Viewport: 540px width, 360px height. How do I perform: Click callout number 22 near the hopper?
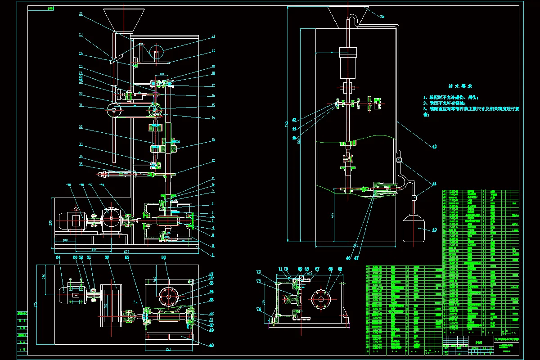[81, 14]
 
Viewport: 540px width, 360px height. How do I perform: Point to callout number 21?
[213, 36]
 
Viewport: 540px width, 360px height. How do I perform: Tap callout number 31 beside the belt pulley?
[81, 106]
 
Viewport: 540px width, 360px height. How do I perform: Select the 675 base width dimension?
[126, 251]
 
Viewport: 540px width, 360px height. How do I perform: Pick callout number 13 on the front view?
[213, 140]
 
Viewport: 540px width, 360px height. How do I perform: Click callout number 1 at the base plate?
[213, 254]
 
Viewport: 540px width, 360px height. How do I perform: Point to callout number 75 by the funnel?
[382, 16]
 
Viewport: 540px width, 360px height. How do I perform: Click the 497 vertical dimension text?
[307, 216]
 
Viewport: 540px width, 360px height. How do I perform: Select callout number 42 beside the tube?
[434, 146]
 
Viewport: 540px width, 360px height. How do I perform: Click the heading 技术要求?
[460, 86]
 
